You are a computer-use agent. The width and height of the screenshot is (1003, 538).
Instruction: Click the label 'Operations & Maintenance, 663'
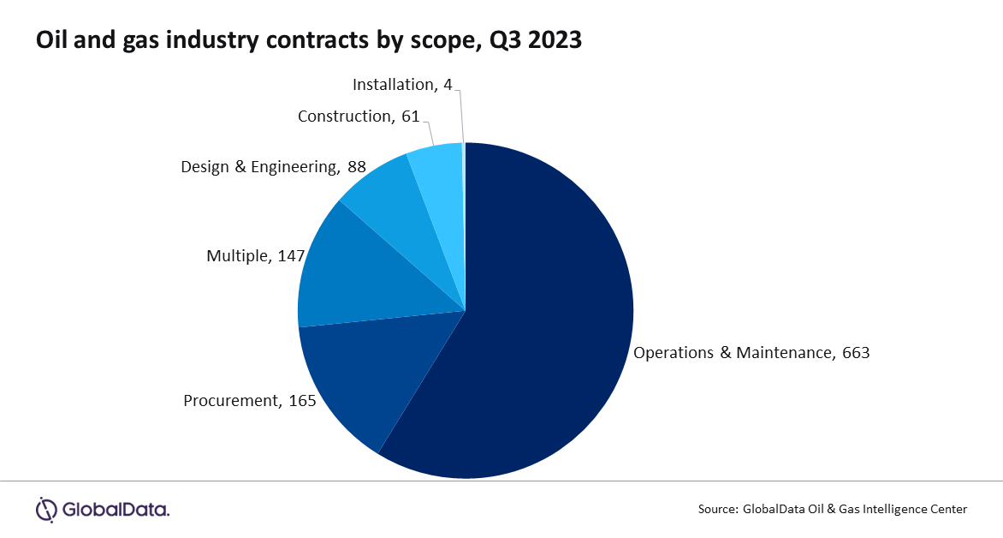[751, 352]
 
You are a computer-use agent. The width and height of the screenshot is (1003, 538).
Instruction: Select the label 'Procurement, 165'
[250, 400]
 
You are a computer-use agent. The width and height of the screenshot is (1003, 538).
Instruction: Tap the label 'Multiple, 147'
[256, 255]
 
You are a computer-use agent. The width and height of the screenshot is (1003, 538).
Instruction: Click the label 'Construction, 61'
[359, 116]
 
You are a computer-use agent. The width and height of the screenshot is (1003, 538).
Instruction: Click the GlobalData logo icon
[45, 509]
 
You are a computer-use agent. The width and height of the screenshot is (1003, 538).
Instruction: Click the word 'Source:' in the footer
[717, 509]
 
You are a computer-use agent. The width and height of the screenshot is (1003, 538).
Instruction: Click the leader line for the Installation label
[462, 111]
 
